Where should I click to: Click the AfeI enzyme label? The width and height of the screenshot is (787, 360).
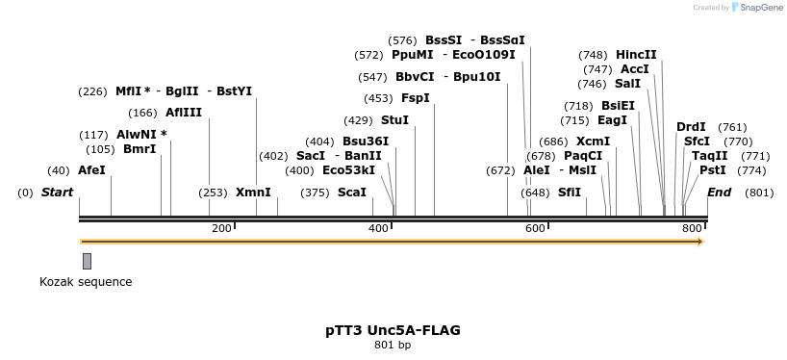91,170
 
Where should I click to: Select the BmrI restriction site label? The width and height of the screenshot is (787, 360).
140,149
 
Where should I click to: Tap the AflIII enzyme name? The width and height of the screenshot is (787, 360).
184,113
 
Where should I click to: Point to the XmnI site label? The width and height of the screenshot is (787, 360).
253,193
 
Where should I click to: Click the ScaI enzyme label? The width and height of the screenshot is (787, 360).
352,193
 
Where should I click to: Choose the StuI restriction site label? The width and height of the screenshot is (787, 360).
394,120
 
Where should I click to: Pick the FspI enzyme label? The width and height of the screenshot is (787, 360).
416,98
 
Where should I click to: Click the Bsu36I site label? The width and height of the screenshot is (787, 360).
366,141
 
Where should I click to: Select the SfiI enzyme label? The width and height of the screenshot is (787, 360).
570,193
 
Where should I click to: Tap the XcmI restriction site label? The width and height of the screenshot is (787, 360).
593,141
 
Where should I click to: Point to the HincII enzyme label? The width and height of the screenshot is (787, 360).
636,55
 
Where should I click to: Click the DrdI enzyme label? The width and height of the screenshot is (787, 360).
691,127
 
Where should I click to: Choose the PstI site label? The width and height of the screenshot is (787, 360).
713,170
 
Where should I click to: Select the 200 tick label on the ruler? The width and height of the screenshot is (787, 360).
221,228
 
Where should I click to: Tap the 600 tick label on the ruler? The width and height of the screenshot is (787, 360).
535,228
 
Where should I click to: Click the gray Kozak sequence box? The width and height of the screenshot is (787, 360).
87,261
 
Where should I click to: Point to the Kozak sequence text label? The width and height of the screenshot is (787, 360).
86,282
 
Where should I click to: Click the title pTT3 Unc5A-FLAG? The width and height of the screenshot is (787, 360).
393,330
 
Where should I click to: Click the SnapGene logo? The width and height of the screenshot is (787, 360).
757,8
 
